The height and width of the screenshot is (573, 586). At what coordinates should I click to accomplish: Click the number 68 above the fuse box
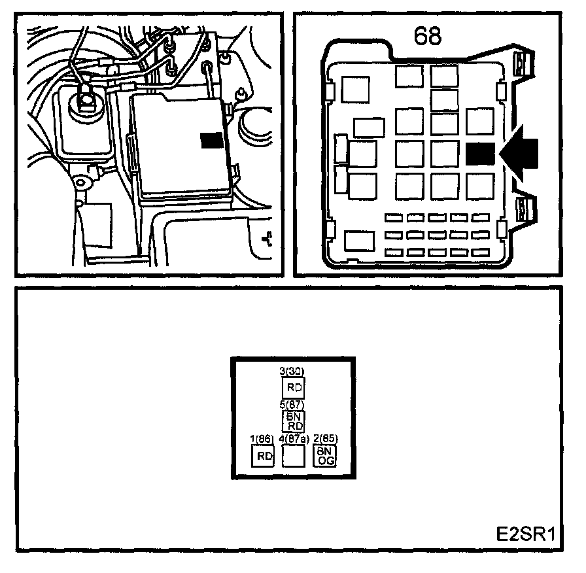[x=428, y=36]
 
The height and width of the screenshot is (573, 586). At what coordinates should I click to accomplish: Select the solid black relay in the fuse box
[x=479, y=154]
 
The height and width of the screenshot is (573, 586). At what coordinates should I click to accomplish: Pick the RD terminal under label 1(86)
[x=263, y=456]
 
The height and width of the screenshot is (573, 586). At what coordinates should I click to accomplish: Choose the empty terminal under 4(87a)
[x=293, y=456]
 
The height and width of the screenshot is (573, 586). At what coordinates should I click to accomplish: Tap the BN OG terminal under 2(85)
[x=324, y=456]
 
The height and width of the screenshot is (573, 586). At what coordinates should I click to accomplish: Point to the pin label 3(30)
[x=292, y=371]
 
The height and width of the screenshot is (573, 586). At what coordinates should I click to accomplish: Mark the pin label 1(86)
[x=262, y=439]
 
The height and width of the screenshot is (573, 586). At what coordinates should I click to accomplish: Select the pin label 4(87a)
[x=293, y=439]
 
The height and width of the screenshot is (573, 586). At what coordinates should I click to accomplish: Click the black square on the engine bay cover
[x=211, y=139]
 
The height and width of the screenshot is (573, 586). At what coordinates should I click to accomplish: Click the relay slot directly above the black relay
[x=479, y=120]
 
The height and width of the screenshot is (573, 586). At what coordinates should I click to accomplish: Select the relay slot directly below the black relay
[x=479, y=186]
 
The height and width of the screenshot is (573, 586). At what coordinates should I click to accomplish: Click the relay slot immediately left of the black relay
[x=444, y=154]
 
